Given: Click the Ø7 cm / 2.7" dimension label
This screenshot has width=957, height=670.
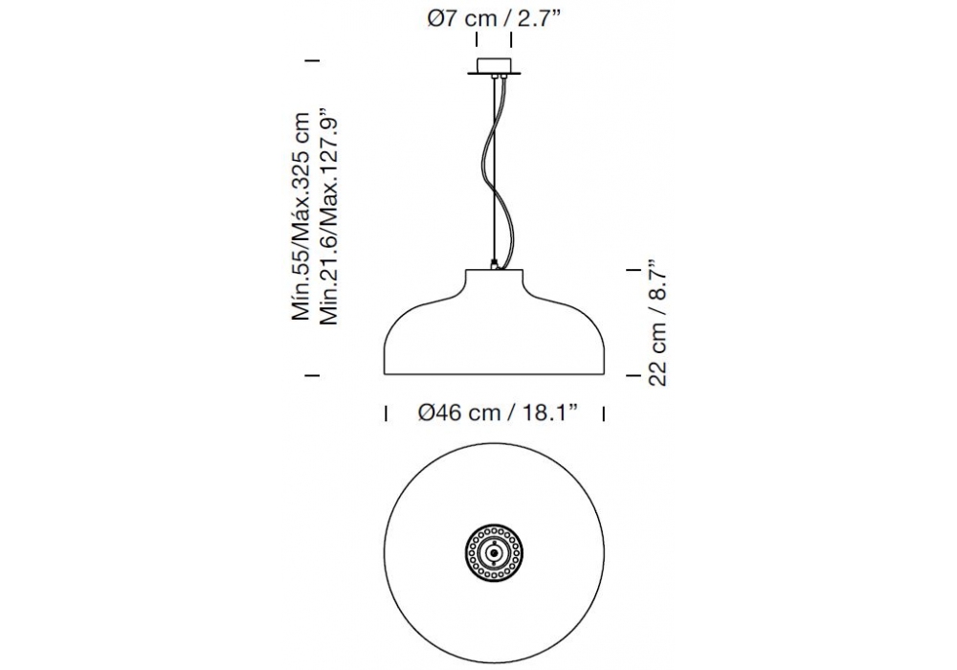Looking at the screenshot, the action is pos(493,18).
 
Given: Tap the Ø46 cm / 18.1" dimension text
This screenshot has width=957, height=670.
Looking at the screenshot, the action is pos(498,413).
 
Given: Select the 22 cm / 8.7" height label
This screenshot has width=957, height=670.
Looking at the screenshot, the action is pos(657,324).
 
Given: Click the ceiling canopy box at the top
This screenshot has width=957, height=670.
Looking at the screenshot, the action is pos(494,65).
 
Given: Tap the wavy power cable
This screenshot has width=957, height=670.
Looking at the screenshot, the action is pos(499,171).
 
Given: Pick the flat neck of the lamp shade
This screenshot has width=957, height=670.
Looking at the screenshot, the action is pos(494,278).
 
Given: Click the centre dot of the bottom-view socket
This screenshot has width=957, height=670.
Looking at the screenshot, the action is pos(494,553).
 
